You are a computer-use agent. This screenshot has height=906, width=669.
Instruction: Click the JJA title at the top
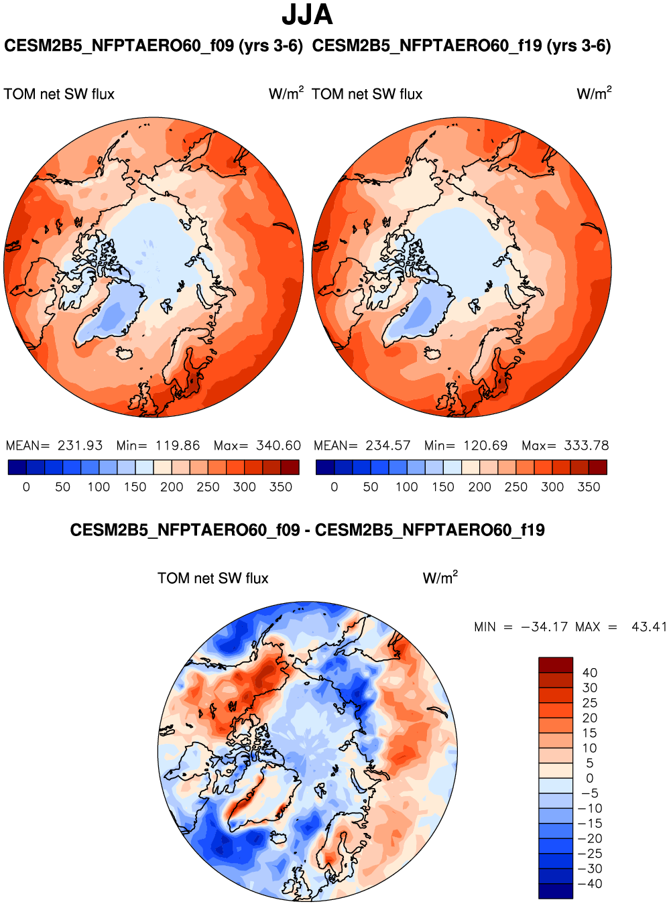tap(307, 15)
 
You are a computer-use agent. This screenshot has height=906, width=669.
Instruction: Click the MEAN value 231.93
tap(80, 446)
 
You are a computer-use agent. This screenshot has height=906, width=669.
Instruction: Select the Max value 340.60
tap(278, 446)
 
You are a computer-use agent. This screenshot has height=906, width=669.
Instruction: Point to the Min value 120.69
tap(486, 446)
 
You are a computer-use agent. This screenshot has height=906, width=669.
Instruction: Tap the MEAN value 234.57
tap(388, 446)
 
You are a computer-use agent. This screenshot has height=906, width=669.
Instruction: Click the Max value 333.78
tap(587, 446)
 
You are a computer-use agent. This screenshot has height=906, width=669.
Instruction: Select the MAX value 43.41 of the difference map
tap(649, 627)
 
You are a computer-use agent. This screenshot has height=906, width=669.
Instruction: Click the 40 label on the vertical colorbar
tap(590, 673)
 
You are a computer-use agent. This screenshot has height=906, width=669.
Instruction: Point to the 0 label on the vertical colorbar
tap(590, 779)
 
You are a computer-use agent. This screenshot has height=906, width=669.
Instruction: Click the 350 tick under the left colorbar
tap(281, 487)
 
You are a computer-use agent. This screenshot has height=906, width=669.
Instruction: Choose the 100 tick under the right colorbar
tap(407, 487)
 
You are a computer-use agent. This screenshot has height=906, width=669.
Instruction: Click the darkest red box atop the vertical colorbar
tap(556, 665)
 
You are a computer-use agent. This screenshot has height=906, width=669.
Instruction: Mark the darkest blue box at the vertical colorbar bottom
tap(556, 891)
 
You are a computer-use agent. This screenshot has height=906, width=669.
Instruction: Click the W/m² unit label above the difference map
tap(440, 578)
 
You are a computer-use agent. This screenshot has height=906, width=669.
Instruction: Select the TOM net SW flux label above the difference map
tap(213, 578)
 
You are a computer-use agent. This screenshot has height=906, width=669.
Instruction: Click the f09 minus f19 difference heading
tap(307, 531)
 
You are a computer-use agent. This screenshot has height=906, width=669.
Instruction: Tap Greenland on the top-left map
tap(114, 312)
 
